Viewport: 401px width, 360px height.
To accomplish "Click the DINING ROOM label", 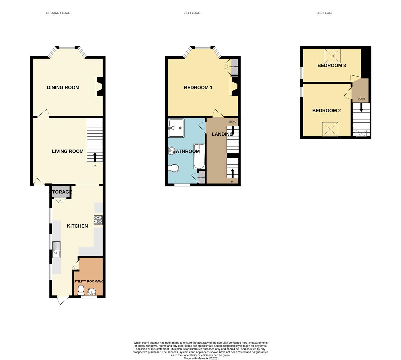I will [x=63, y=88].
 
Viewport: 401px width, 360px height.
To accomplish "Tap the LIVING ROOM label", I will [x=68, y=151].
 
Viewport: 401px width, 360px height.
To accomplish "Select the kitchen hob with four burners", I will [x=99, y=220].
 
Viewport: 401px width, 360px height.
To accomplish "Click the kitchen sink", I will [x=56, y=249].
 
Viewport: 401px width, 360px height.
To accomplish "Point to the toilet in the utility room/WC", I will [x=81, y=290].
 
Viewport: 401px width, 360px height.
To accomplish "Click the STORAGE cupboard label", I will [x=61, y=192].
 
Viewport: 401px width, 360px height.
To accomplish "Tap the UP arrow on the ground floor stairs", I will [x=95, y=157].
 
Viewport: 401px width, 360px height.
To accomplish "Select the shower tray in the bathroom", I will [x=176, y=128].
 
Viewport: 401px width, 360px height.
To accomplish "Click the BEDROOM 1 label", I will [x=198, y=88].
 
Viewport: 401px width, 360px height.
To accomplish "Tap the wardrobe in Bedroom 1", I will [x=235, y=66].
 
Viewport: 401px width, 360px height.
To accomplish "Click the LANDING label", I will [x=222, y=134].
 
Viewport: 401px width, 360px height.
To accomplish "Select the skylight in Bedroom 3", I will [x=333, y=56].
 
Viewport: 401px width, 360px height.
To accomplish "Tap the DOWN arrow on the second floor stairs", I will [x=361, y=107].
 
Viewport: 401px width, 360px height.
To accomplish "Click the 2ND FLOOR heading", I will [x=325, y=13].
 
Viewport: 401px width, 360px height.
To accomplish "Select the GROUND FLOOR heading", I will [x=58, y=13].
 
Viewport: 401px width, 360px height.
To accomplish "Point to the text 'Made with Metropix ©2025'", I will [x=200, y=358].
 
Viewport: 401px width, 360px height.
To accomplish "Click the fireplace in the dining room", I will [x=99, y=87].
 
